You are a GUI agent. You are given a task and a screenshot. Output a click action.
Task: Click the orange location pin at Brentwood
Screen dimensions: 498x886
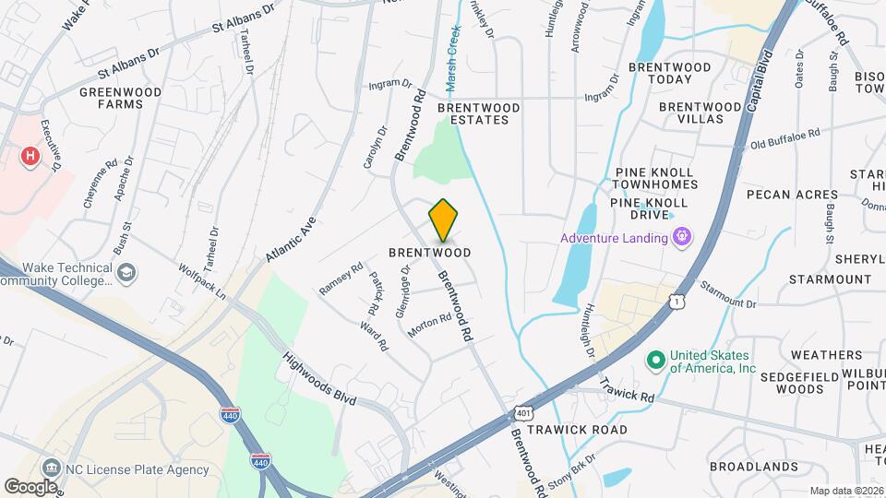[x=443, y=219]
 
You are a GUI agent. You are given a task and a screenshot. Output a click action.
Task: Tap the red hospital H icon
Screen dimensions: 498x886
[x=30, y=156]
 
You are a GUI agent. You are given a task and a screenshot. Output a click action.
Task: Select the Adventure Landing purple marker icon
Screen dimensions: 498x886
[x=682, y=238]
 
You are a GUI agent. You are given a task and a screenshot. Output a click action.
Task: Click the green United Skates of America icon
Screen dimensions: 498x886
[x=656, y=360]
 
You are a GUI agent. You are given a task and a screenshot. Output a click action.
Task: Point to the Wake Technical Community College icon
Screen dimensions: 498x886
[x=126, y=273]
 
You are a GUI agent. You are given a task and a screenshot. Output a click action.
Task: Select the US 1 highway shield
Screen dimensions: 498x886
[x=679, y=301]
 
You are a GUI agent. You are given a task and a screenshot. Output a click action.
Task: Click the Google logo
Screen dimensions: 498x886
[x=31, y=486]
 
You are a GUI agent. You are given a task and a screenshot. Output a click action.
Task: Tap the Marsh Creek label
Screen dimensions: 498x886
[x=453, y=65]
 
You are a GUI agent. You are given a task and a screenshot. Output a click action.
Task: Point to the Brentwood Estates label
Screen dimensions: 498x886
[x=478, y=113]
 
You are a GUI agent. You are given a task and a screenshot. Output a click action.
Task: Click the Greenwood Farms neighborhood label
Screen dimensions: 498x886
[x=120, y=98]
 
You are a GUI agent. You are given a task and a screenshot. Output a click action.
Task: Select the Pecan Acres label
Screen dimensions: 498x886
[x=793, y=195]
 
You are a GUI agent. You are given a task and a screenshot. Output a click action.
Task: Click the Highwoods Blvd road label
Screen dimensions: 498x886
[x=319, y=379]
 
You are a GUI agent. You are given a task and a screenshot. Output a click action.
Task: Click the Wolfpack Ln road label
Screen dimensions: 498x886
[x=202, y=281]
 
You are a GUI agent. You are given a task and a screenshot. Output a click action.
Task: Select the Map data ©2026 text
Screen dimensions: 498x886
[x=845, y=490]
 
